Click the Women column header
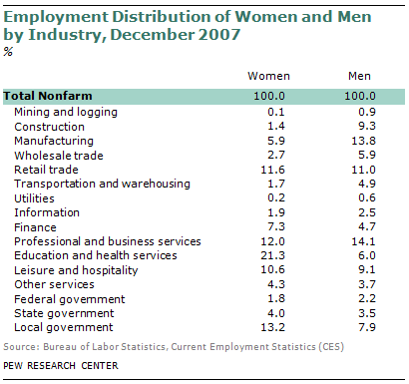[x=268, y=76]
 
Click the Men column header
[x=359, y=76]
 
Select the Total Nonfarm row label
[x=48, y=96]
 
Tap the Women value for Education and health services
[x=272, y=255]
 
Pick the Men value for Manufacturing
[x=363, y=141]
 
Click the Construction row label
[x=49, y=127]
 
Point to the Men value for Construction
[x=367, y=126]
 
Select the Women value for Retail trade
[x=272, y=170]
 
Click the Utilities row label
[x=34, y=198]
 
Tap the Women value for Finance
[x=276, y=226]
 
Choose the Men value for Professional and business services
[x=363, y=241]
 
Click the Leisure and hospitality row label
[x=76, y=270]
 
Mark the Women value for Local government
[x=272, y=327]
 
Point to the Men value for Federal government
[x=367, y=298]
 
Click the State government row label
[x=64, y=313]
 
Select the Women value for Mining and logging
[x=276, y=112]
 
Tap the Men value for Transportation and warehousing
[x=367, y=184]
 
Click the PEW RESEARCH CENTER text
[x=61, y=366]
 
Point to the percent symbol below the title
[x=8, y=52]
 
